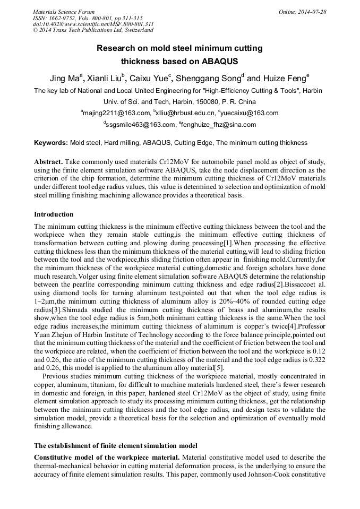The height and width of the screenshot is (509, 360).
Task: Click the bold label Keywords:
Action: coord(51,143)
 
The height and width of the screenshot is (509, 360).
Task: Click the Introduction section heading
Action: coord(54,214)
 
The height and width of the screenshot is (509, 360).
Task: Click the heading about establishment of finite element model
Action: coord(116,445)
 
